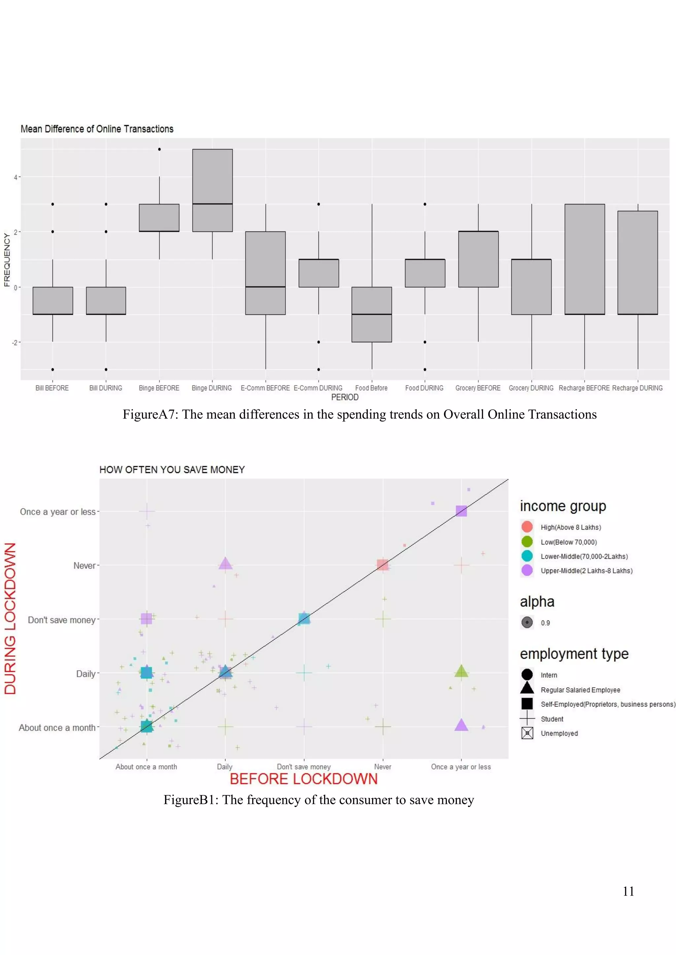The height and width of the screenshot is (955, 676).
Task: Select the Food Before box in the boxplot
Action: pyautogui.click(x=371, y=315)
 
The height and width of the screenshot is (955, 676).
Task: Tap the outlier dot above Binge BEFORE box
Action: pyautogui.click(x=159, y=149)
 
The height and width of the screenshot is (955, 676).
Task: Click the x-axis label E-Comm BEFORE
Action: pyautogui.click(x=265, y=388)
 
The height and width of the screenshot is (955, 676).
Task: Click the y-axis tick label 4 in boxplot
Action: pyautogui.click(x=16, y=177)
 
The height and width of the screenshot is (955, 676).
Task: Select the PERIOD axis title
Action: pyautogui.click(x=345, y=397)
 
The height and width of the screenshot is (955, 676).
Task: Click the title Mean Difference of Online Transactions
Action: pyautogui.click(x=97, y=129)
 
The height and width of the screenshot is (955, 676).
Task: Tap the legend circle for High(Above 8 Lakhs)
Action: pyautogui.click(x=527, y=527)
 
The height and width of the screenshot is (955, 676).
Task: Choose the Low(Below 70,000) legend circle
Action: pyautogui.click(x=527, y=541)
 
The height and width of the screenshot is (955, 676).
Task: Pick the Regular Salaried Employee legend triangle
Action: pyautogui.click(x=527, y=689)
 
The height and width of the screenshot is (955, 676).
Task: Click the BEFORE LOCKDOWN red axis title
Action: pyautogui.click(x=303, y=779)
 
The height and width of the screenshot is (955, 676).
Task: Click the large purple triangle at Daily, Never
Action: pyautogui.click(x=225, y=564)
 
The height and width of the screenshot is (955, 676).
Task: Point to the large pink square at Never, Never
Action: pyautogui.click(x=383, y=565)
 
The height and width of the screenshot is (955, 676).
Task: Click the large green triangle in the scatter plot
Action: pyautogui.click(x=461, y=671)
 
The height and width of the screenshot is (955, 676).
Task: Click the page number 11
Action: pyautogui.click(x=628, y=891)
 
